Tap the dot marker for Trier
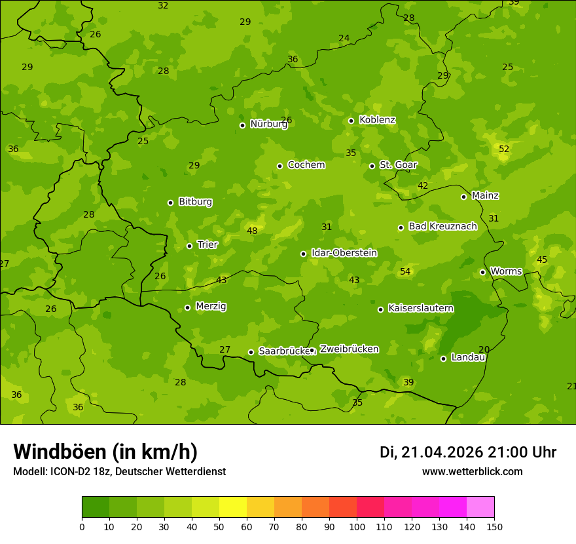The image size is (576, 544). click(x=189, y=246)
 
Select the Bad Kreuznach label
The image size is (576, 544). click(x=442, y=226)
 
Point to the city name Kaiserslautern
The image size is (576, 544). click(x=421, y=308)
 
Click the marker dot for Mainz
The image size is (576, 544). click(x=463, y=197)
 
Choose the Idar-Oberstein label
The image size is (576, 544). click(x=344, y=252)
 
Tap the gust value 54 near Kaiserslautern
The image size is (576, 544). click(x=405, y=271)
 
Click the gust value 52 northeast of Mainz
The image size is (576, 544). click(x=504, y=149)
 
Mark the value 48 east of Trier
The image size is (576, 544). click(x=252, y=231)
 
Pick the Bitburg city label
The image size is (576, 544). click(x=195, y=202)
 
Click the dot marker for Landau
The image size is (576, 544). click(x=443, y=359)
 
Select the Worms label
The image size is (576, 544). click(x=506, y=271)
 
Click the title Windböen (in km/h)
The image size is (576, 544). click(x=105, y=452)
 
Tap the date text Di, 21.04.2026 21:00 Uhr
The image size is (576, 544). click(x=468, y=452)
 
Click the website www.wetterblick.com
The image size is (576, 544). click(x=472, y=471)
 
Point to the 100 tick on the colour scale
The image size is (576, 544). click(x=357, y=526)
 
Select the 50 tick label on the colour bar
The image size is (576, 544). click(x=219, y=526)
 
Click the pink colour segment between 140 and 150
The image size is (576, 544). click(x=480, y=507)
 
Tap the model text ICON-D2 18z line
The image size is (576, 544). click(x=119, y=471)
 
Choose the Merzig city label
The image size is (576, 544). click(x=211, y=306)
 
